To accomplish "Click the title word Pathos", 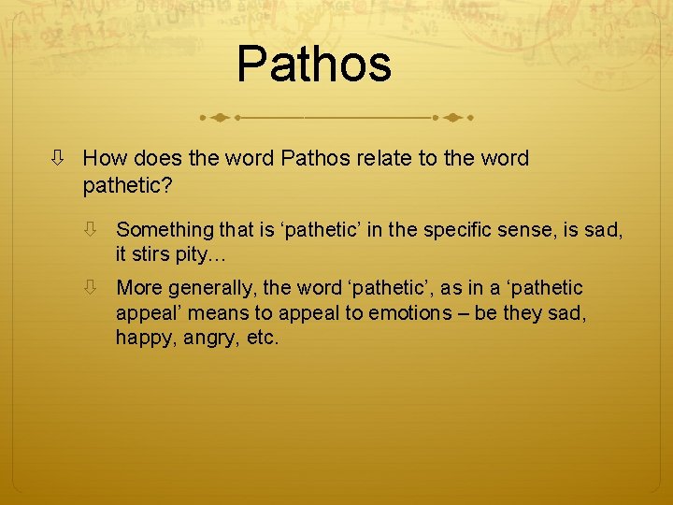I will click(x=314, y=64).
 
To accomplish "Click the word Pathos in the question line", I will click(x=313, y=159).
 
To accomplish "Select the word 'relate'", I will click(x=381, y=159).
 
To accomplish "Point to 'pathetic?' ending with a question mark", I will click(x=127, y=186).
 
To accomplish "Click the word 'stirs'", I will click(x=154, y=254).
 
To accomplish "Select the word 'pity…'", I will click(x=206, y=254).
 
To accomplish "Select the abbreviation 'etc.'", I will click(x=264, y=338).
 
